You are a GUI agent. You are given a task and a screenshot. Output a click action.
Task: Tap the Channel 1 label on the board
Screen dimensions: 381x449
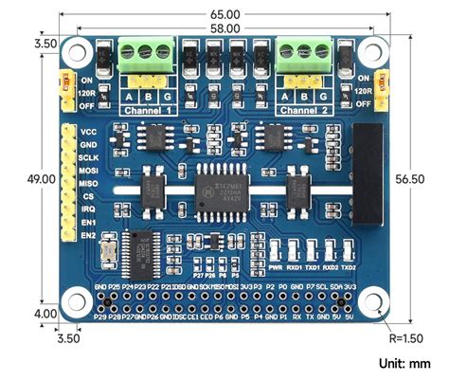146,111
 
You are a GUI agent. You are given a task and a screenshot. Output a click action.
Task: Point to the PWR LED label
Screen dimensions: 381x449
277,268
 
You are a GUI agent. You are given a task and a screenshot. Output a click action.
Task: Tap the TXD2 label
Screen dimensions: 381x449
350,268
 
